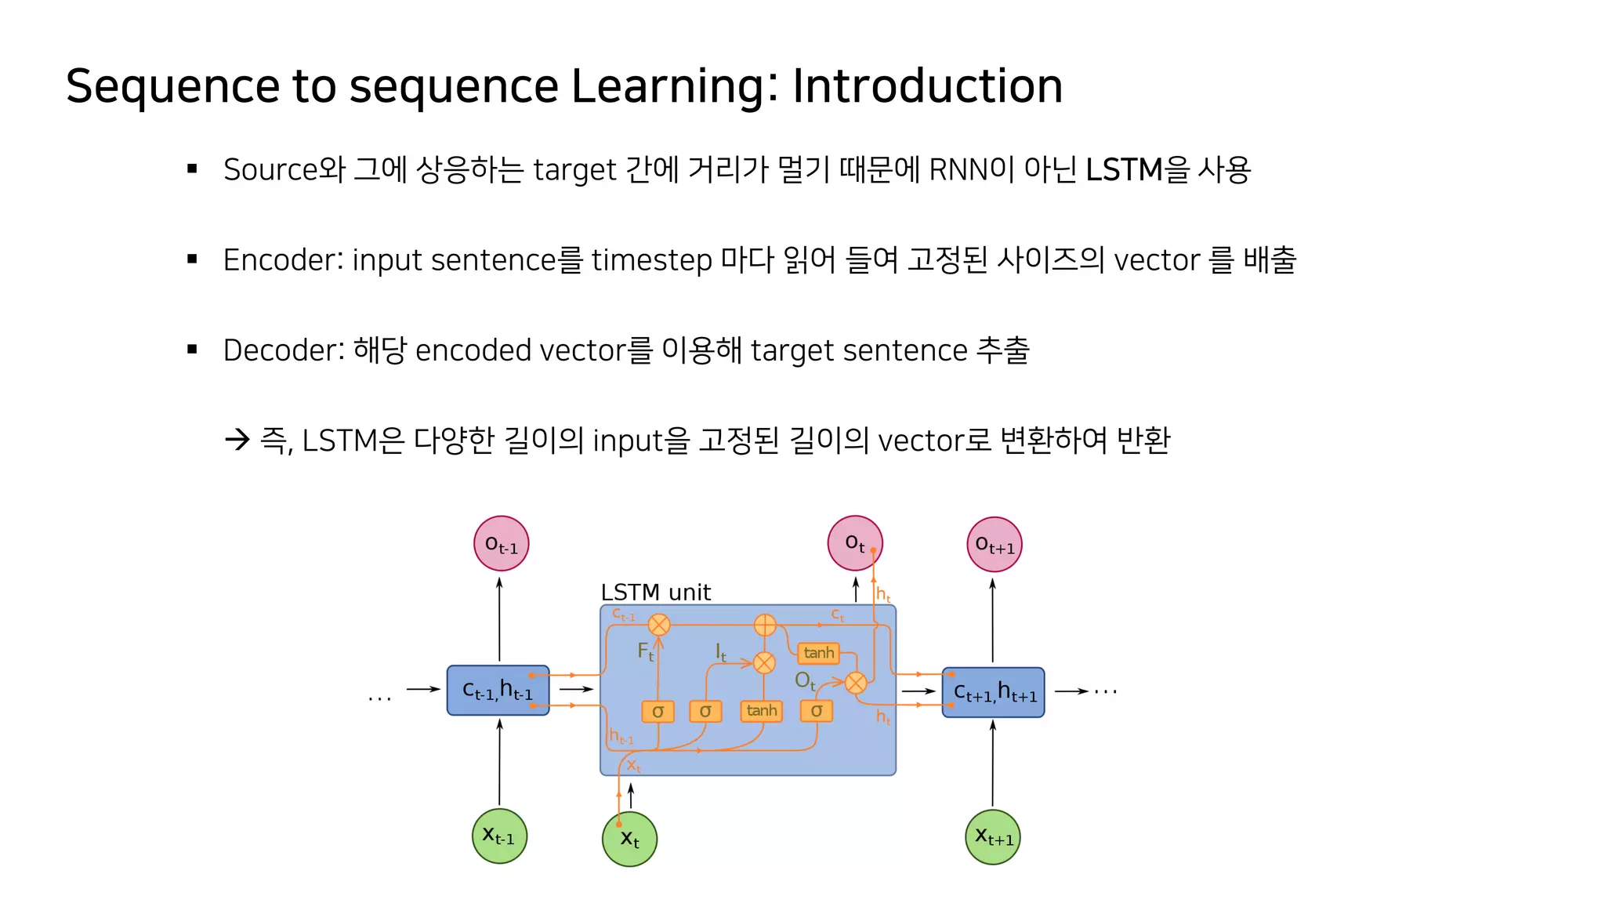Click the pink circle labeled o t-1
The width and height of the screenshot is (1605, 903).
click(501, 543)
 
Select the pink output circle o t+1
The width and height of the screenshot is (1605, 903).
click(994, 544)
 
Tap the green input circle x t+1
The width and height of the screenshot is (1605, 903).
click(992, 836)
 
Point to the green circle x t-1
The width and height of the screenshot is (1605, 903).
click(499, 836)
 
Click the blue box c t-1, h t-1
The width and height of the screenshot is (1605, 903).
click(498, 690)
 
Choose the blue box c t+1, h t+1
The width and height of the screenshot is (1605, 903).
click(993, 692)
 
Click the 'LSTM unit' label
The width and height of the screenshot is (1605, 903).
click(655, 592)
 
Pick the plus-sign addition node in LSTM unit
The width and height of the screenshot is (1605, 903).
click(764, 625)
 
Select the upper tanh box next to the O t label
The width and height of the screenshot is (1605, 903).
click(818, 652)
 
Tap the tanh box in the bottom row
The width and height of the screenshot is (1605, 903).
click(761, 710)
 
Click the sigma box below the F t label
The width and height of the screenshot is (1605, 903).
click(658, 711)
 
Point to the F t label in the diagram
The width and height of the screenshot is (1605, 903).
click(645, 651)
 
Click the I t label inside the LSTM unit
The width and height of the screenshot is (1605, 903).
click(720, 651)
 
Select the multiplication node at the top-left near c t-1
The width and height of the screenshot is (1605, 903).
click(659, 625)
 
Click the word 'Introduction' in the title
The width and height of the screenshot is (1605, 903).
click(927, 85)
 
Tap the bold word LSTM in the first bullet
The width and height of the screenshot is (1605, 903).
click(1124, 169)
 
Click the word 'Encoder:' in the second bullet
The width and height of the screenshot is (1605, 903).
click(283, 259)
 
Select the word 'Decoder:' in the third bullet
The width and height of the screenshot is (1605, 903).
click(284, 350)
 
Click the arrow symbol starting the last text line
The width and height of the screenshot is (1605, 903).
click(237, 440)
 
